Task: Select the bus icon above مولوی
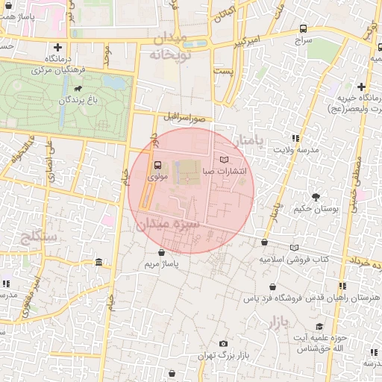click(157, 166)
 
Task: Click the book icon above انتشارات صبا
click(225, 160)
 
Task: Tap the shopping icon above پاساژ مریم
click(162, 252)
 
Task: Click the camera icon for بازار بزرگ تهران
click(222, 343)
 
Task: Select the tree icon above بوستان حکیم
click(316, 197)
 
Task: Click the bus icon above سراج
click(302, 29)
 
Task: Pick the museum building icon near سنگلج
click(100, 262)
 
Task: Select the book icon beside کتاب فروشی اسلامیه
click(294, 248)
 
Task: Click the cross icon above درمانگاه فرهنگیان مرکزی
click(57, 48)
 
